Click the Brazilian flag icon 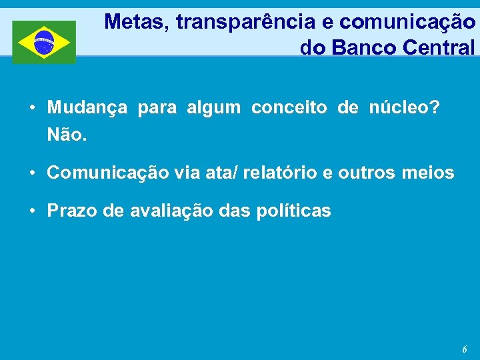point(44,42)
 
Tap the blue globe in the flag point(44,42)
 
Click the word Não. point(67,135)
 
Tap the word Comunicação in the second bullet point(108,173)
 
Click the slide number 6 point(465,349)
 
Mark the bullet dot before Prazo point(32,212)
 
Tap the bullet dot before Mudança point(32,109)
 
